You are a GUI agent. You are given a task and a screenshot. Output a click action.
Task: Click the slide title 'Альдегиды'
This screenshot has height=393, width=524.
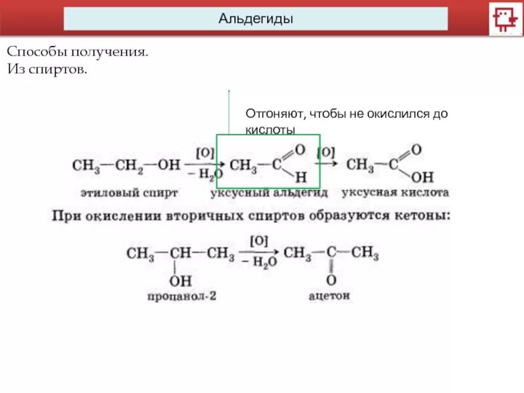pos(255,18)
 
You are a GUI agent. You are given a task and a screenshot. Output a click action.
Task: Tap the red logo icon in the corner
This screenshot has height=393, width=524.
pos(505,18)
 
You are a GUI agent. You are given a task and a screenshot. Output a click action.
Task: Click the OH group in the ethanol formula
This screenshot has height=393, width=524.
pos(169,164)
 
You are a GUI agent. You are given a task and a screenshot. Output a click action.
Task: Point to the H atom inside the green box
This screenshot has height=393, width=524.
pos(301,176)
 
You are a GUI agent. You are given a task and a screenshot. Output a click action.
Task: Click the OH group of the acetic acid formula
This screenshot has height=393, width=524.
pos(424,177)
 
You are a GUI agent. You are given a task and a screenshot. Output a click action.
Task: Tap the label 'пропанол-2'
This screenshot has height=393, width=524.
pos(181,296)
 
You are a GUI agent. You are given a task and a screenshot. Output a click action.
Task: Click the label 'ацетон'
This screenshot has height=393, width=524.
pos(329,296)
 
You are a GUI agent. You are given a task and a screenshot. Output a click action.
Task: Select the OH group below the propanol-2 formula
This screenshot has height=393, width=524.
pos(181,282)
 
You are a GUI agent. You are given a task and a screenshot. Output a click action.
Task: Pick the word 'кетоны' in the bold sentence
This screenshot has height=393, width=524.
pos(419,214)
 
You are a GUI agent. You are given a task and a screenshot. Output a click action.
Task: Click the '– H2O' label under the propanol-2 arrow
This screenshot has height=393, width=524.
pos(257,261)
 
